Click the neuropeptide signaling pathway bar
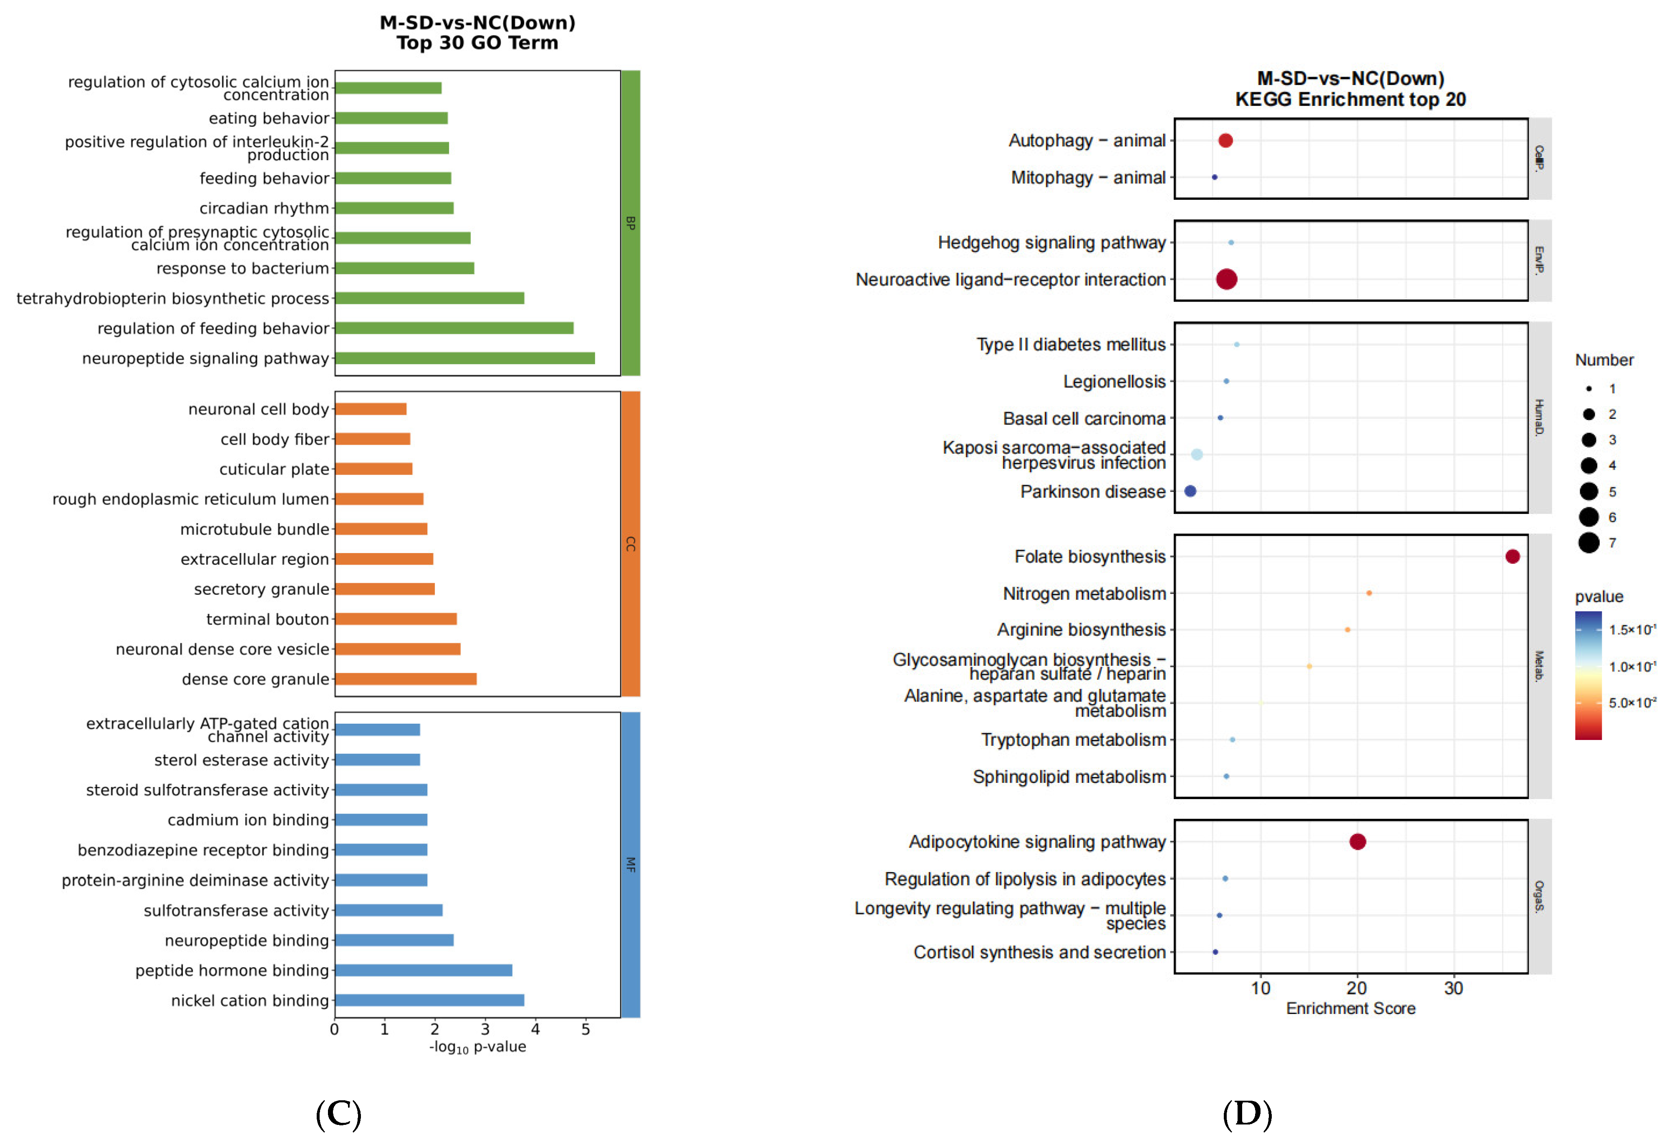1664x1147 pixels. tap(464, 358)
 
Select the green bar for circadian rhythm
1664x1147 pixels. tap(394, 208)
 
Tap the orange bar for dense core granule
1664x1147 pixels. tap(406, 679)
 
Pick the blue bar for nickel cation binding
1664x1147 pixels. tap(429, 1000)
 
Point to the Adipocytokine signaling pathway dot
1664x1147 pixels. tap(1357, 842)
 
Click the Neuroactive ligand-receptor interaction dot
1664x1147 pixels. tap(1226, 279)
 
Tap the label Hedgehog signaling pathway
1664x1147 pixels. tap(1051, 243)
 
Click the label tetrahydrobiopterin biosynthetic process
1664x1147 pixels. tap(172, 298)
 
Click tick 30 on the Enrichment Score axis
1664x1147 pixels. tap(1453, 988)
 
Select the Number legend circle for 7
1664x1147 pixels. tap(1588, 543)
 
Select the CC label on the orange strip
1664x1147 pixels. tap(630, 544)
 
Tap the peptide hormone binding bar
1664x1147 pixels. tap(424, 970)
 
